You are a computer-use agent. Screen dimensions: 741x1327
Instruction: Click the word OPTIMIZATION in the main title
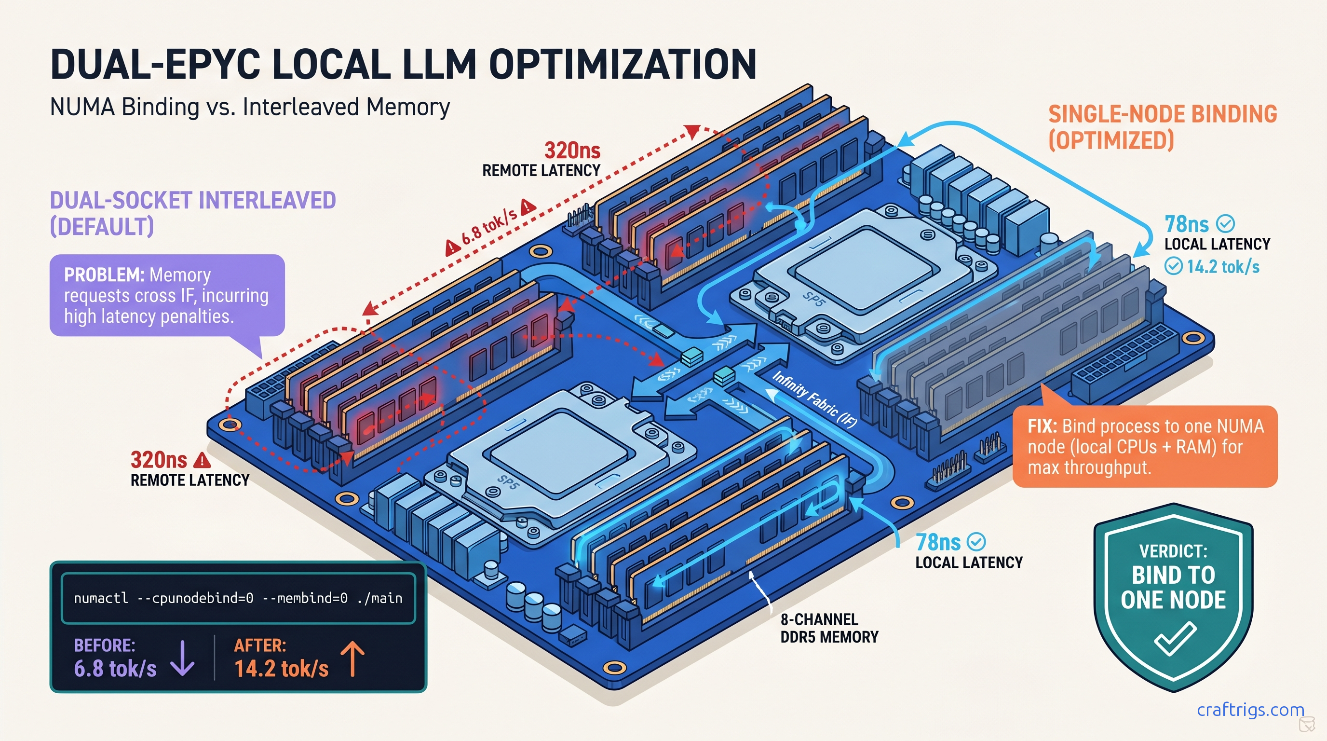coord(623,65)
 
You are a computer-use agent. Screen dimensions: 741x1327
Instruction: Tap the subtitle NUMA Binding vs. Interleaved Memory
coord(250,107)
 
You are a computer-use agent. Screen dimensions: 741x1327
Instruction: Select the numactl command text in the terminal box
coord(238,598)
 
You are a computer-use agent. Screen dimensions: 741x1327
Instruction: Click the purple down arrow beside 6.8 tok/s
coord(182,658)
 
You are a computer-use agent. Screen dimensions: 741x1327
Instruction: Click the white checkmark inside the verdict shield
coord(1175,638)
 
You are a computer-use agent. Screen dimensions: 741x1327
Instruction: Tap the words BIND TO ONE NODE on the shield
coord(1173,588)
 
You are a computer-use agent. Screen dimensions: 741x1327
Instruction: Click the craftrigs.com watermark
coord(1250,710)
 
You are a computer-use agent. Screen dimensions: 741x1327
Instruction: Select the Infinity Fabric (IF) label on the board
coord(814,400)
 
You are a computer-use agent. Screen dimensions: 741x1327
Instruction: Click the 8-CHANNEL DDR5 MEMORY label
coord(829,628)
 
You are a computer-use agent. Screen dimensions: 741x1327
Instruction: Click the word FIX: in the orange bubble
coord(1042,426)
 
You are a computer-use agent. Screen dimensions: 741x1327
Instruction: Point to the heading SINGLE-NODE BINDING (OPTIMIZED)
coord(1162,127)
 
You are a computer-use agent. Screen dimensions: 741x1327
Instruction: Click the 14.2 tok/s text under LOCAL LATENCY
coord(1223,267)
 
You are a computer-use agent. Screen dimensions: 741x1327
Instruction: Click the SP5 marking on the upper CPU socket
coord(813,300)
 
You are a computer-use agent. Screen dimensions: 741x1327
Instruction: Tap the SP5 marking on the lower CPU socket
coord(507,482)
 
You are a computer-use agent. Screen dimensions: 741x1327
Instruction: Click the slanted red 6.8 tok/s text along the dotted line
coord(489,226)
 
